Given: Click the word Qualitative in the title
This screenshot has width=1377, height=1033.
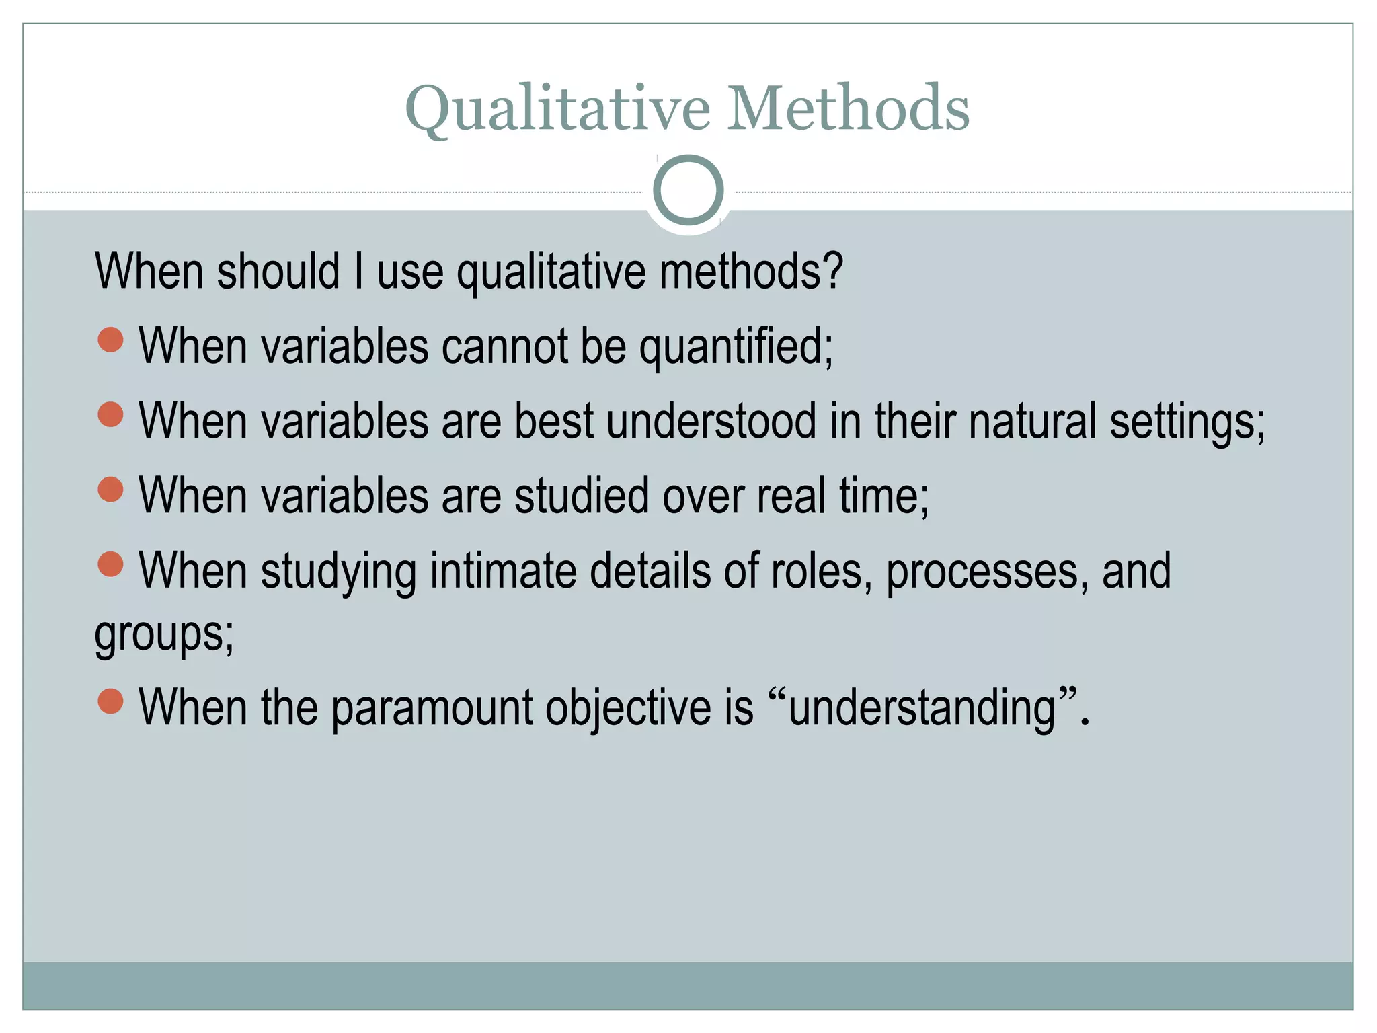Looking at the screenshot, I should pyautogui.click(x=557, y=109).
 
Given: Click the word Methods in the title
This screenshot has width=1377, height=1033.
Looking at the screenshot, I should pyautogui.click(x=848, y=109).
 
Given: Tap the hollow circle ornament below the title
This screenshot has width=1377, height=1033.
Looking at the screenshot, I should pyautogui.click(x=688, y=190).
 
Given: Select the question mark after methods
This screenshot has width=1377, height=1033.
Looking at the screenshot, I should pyautogui.click(x=832, y=271).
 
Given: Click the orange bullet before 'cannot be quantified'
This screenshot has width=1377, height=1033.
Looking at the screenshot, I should pyautogui.click(x=110, y=340).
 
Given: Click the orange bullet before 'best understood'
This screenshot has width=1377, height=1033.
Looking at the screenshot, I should pyautogui.click(x=110, y=414).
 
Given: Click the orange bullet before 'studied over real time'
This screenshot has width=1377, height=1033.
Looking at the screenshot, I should pyautogui.click(x=110, y=489).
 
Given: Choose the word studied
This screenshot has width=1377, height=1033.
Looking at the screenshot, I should pyautogui.click(x=582, y=497).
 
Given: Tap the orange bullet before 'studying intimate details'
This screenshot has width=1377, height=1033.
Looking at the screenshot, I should pyautogui.click(x=110, y=564).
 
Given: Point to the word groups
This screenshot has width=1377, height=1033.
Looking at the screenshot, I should pyautogui.click(x=159, y=635).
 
